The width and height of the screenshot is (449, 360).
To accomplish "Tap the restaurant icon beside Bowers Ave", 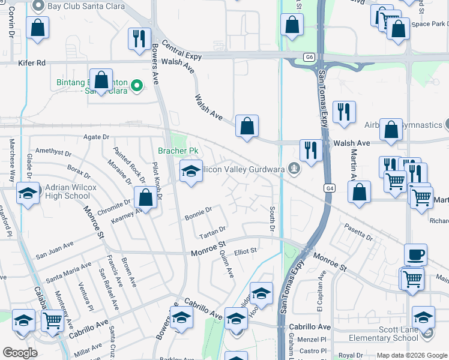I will (139, 38).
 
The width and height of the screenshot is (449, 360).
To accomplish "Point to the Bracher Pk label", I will (178, 151).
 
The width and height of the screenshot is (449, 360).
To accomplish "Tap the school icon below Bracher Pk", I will (191, 172).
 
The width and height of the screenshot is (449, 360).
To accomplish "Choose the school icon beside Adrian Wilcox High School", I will (28, 194).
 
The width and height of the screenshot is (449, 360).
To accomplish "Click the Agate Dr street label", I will (97, 137).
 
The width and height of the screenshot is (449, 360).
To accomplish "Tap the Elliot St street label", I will (246, 250).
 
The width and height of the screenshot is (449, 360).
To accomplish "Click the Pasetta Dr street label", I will (358, 232).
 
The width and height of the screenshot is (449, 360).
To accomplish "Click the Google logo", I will (20, 353).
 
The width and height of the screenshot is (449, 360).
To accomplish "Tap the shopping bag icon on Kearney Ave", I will (145, 196).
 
